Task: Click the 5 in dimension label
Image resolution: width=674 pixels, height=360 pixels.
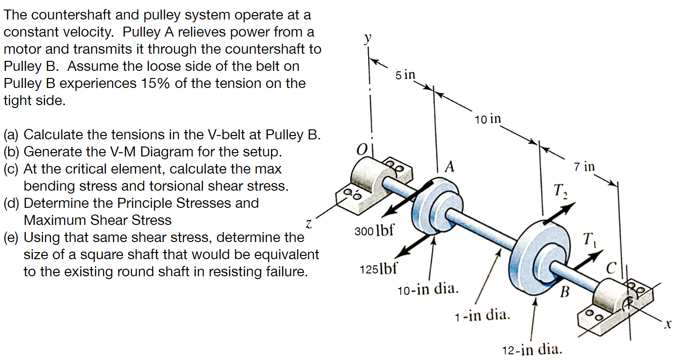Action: click(x=405, y=75)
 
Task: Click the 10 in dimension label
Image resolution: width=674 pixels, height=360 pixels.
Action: click(x=488, y=119)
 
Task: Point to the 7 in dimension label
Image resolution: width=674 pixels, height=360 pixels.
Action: click(x=584, y=166)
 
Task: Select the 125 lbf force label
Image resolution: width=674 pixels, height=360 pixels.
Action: click(x=376, y=269)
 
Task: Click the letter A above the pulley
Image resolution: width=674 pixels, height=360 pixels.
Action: click(x=449, y=167)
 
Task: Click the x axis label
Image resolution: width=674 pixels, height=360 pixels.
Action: click(x=667, y=324)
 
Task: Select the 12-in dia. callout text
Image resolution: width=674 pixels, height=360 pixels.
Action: click(x=532, y=350)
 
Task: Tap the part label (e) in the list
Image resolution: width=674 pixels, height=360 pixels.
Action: click(x=13, y=237)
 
